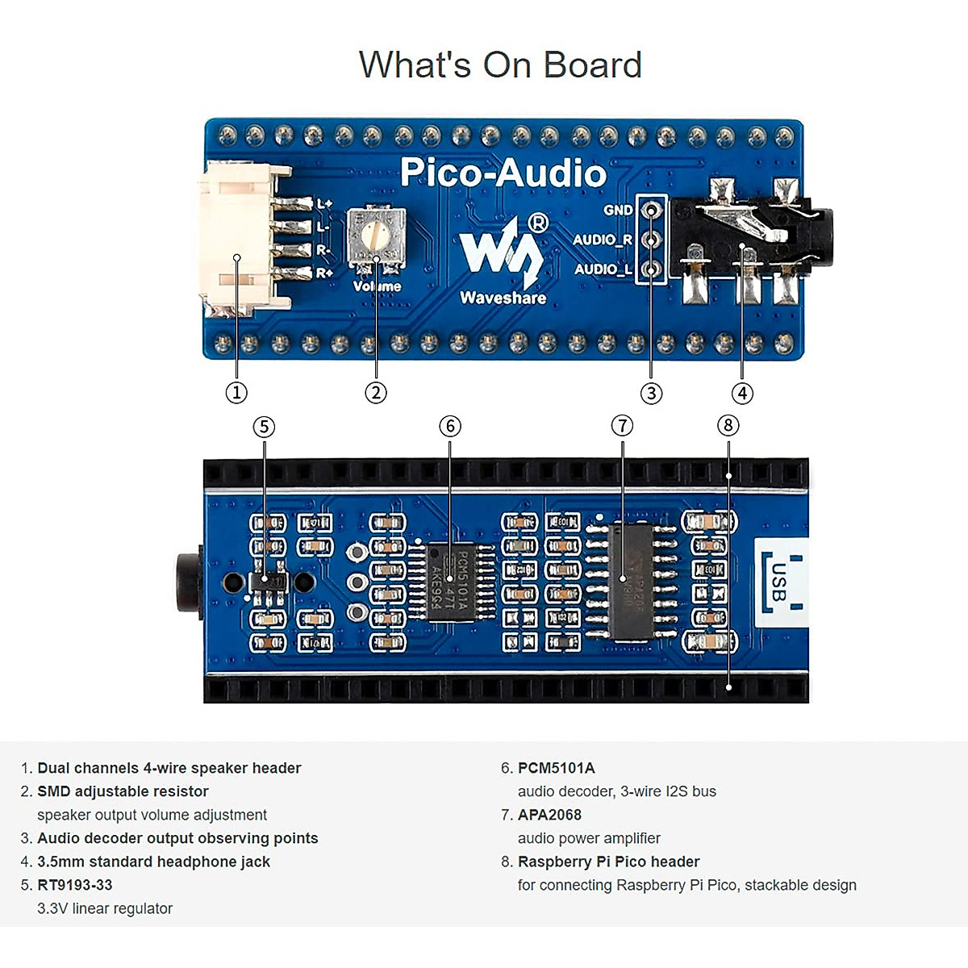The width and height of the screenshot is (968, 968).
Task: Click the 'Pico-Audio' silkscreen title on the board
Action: pyautogui.click(x=503, y=173)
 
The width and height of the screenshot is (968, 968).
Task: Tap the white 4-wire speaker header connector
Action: pyautogui.click(x=240, y=239)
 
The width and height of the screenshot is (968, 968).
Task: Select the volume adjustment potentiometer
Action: pyautogui.click(x=375, y=236)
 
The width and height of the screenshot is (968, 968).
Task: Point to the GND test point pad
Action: pyautogui.click(x=651, y=211)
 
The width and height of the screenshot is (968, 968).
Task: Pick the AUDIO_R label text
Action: pyautogui.click(x=603, y=240)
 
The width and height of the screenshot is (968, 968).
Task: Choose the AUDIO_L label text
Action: pyautogui.click(x=603, y=269)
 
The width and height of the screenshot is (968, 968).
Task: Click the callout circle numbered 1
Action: pyautogui.click(x=236, y=393)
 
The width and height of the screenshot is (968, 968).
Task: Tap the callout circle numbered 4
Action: pyautogui.click(x=742, y=393)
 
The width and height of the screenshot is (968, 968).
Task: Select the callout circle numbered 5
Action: pyautogui.click(x=264, y=426)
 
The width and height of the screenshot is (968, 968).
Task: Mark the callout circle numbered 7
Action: pyautogui.click(x=622, y=425)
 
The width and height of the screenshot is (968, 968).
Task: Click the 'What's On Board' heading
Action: pyautogui.click(x=500, y=65)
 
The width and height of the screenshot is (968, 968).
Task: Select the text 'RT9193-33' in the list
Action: pyautogui.click(x=75, y=885)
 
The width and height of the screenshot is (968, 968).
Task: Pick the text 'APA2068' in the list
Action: pyautogui.click(x=549, y=815)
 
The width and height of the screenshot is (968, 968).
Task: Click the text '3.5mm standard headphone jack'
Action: pyautogui.click(x=153, y=862)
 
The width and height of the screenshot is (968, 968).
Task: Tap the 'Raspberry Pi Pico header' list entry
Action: pyautogui.click(x=608, y=862)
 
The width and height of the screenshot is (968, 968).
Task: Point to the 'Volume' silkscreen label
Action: pyautogui.click(x=377, y=286)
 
